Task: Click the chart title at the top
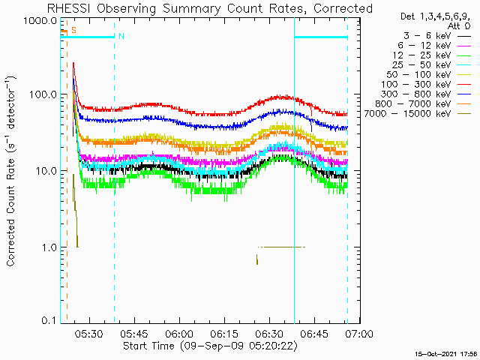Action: (x=210, y=8)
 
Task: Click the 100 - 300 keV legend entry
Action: (x=425, y=85)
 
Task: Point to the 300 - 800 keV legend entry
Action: (x=425, y=94)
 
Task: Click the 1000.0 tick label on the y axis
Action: (x=40, y=21)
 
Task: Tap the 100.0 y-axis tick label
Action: (x=42, y=94)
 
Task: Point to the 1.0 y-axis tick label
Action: (x=48, y=247)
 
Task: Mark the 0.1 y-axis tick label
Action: (x=48, y=321)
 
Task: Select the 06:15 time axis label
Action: (x=225, y=333)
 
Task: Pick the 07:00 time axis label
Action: (x=360, y=333)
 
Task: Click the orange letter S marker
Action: (x=73, y=30)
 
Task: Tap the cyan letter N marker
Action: (x=121, y=36)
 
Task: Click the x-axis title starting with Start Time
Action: (x=210, y=346)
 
